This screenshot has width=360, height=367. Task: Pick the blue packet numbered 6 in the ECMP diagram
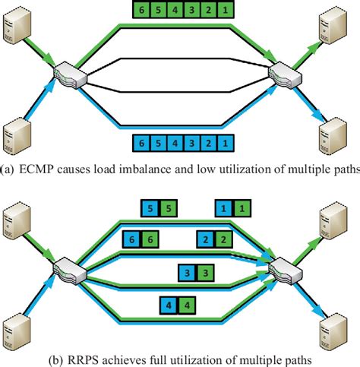(137, 141)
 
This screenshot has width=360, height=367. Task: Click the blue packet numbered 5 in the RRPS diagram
(150, 207)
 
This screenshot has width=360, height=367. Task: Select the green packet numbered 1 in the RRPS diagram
(240, 207)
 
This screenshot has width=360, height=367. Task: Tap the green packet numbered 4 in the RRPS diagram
(185, 306)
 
